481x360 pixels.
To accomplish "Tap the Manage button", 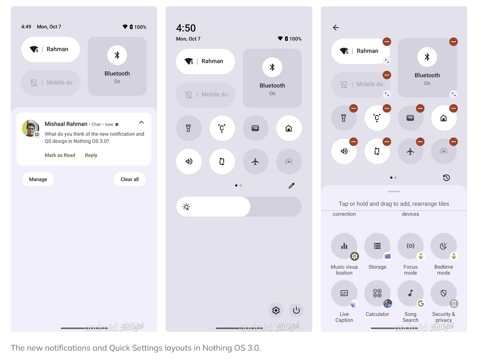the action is (x=38, y=179).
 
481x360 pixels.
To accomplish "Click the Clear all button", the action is (x=129, y=179).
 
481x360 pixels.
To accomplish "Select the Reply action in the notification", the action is (x=91, y=155).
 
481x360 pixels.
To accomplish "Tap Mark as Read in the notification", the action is (x=60, y=155).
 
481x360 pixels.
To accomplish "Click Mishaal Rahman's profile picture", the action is (x=30, y=128).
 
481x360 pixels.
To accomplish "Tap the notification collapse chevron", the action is (x=141, y=123).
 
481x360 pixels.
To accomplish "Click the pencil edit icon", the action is (x=291, y=186).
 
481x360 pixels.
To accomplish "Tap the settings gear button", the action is (x=276, y=310).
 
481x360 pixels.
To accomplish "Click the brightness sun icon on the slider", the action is (x=186, y=207).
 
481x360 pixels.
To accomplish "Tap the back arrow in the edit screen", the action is (x=336, y=28).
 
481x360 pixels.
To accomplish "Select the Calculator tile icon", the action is (x=377, y=293).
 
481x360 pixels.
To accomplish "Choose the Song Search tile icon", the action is (x=410, y=293).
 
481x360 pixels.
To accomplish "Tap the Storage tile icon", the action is (x=377, y=246).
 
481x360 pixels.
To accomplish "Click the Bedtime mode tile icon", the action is (x=443, y=246).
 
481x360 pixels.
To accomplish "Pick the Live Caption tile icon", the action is (x=344, y=293).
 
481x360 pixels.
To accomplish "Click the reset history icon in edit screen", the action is (x=447, y=178).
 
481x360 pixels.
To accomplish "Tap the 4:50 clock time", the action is (x=186, y=28).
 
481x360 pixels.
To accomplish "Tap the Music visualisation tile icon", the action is (x=344, y=246).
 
